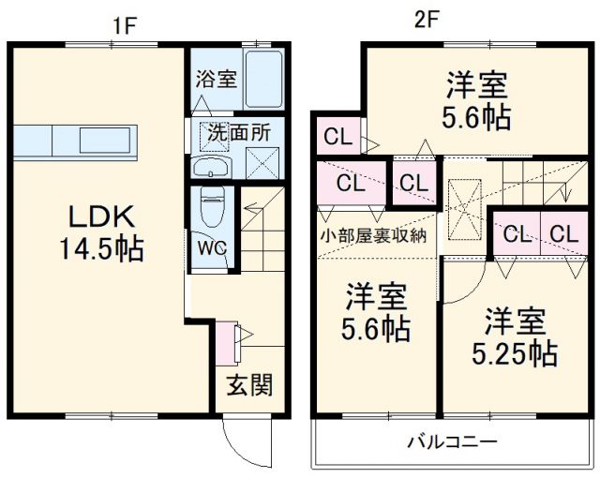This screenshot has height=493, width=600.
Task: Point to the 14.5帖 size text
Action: tap(102, 250)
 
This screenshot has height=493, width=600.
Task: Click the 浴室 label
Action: tap(216, 80)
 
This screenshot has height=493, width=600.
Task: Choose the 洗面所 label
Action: tap(239, 132)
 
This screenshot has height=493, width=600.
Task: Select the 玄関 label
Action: tap(249, 384)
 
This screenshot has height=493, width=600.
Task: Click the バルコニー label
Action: tap(451, 441)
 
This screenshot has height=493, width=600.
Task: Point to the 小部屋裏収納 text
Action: tap(374, 235)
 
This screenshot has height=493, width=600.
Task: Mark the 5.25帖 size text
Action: tap(514, 353)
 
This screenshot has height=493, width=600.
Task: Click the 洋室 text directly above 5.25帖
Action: tap(514, 321)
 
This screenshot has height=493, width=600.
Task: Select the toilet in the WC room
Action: tap(211, 206)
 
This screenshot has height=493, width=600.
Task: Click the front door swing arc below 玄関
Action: tap(240, 440)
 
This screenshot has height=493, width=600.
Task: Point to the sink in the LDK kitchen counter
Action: tap(107, 142)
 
